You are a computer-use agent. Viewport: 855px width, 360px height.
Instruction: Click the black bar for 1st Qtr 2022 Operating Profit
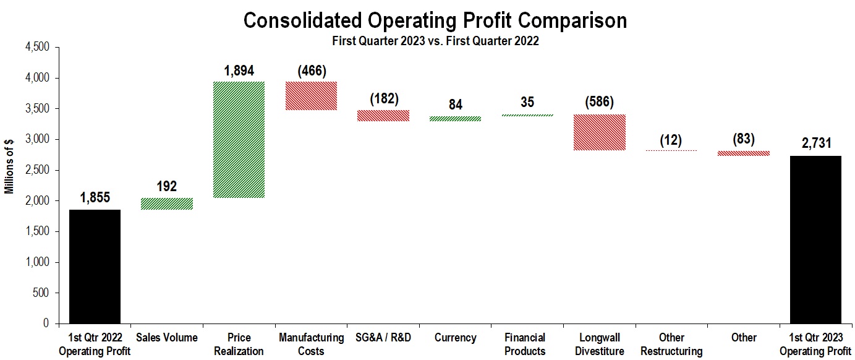point(95,267)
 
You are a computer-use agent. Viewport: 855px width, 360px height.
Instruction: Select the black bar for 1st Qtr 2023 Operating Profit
point(815,239)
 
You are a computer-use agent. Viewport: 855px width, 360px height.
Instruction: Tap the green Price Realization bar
point(239,140)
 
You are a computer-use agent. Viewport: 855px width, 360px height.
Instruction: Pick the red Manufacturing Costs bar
point(311,96)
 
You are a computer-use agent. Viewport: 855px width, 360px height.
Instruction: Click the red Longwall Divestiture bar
point(599,132)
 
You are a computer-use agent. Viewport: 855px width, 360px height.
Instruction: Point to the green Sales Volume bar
point(166,204)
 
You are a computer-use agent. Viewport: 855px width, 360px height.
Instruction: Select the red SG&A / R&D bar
point(383,116)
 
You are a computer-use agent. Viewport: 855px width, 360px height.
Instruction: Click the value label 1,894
point(239,71)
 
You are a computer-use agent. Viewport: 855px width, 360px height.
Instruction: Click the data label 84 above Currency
point(455,105)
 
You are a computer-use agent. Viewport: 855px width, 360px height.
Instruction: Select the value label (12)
point(671,140)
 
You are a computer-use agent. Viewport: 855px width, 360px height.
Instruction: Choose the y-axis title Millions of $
point(10,166)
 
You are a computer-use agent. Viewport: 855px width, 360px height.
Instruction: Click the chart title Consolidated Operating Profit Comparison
point(435,20)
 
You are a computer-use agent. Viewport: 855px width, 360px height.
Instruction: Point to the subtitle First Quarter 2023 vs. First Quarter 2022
point(435,41)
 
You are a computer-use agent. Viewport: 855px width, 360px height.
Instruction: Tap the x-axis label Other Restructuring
point(671,344)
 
